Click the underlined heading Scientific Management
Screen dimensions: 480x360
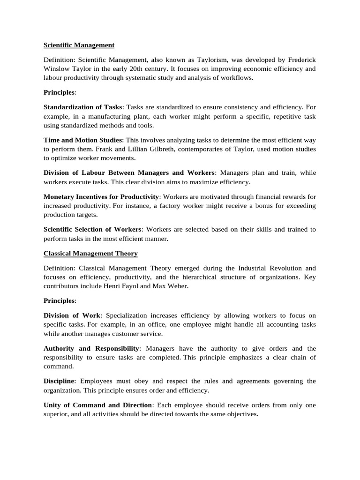pos(79,45)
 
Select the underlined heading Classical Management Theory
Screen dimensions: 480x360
pos(90,254)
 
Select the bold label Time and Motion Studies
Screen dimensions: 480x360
pos(83,140)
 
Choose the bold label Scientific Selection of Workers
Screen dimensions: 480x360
pos(92,229)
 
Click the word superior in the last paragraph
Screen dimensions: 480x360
pos(57,414)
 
